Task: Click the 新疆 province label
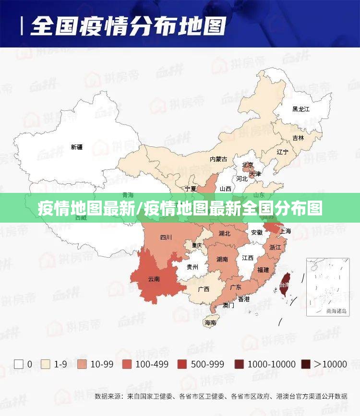point(77,147)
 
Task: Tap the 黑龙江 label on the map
point(301,109)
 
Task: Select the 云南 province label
point(154,279)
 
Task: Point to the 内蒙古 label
point(218,159)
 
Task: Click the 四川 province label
point(166,237)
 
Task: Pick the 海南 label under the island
point(210,323)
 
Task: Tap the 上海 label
point(285,231)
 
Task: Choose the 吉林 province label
point(298,138)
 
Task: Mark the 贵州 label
point(192,267)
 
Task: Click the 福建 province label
point(263,270)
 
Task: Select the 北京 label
point(248,165)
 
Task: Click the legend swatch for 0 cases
point(19,364)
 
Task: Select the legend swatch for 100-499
point(127,364)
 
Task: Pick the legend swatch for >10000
point(306,364)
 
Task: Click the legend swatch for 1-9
point(46,364)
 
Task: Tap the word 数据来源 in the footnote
point(108,396)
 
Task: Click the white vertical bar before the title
point(22,25)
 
